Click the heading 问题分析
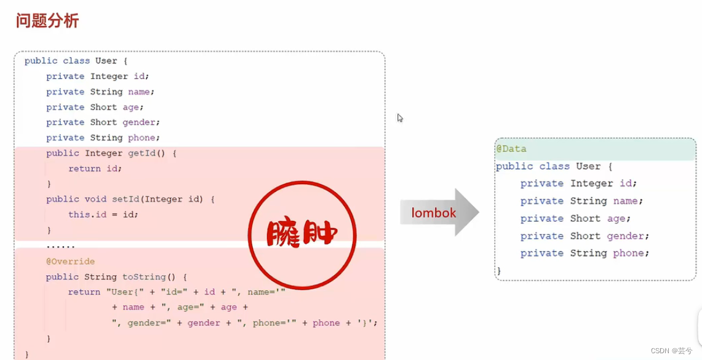pos(47,21)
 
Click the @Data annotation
pos(511,149)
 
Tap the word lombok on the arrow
pos(434,213)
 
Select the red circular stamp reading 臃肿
pos(302,234)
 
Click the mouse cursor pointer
pos(400,118)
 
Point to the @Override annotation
pos(70,262)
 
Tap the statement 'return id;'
pos(95,169)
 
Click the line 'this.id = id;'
pos(103,215)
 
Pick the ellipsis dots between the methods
pos(60,246)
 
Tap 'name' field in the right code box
pos(628,201)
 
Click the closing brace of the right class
pos(498,270)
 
